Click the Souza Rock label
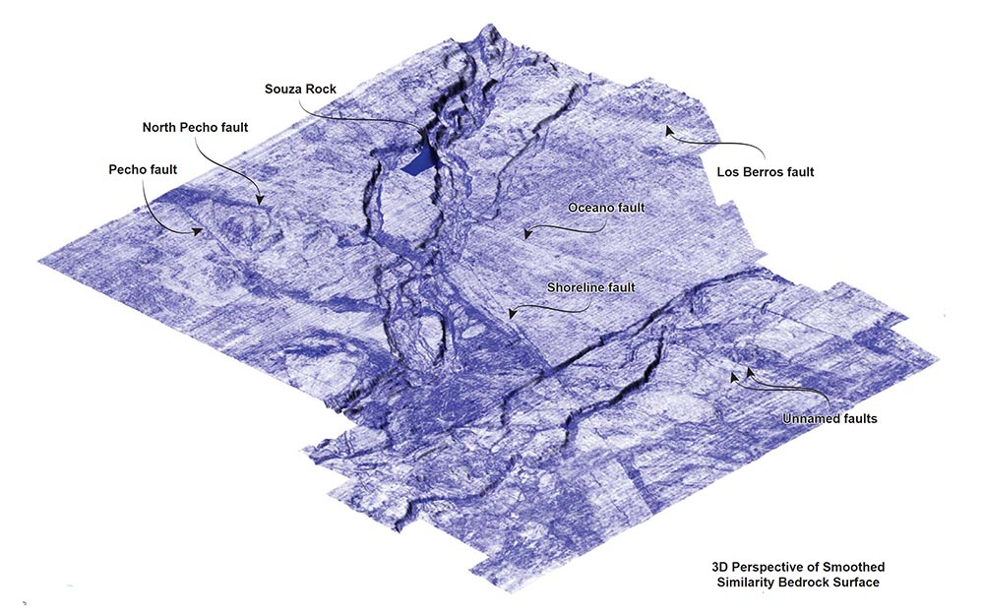click(x=300, y=89)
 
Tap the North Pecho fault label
click(x=195, y=127)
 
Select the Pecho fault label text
click(x=143, y=169)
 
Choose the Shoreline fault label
click(x=590, y=287)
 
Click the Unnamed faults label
click(x=830, y=418)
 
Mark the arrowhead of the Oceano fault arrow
click(x=527, y=235)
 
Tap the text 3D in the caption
click(x=721, y=567)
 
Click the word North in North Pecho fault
click(x=161, y=127)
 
